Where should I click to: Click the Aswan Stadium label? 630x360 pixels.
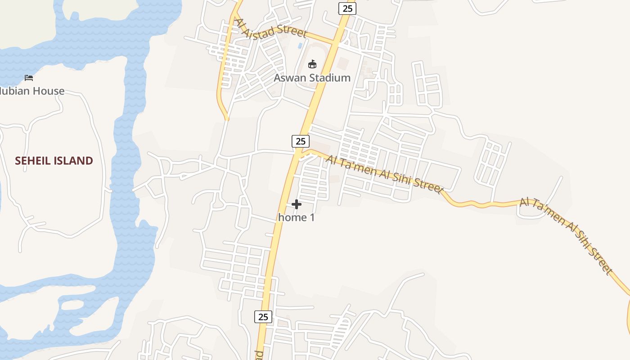point(312,78)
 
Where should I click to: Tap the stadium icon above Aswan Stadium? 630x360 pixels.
point(312,64)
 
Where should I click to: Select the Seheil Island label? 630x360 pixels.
point(54,161)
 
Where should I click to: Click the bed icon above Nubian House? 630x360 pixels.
point(29,78)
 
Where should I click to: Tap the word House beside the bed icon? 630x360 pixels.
point(46,91)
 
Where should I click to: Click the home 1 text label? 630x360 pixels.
point(296,217)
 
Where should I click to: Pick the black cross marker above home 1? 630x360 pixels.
point(296,204)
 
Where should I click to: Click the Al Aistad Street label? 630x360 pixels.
point(271,29)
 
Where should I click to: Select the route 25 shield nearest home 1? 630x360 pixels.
point(301,141)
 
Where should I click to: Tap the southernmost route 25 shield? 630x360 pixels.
point(263,316)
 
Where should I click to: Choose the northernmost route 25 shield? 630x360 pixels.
point(347,8)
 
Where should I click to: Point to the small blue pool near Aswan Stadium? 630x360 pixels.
point(300,46)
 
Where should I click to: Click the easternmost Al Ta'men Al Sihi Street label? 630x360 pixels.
point(566,235)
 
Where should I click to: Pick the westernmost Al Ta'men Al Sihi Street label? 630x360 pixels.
point(384,173)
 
